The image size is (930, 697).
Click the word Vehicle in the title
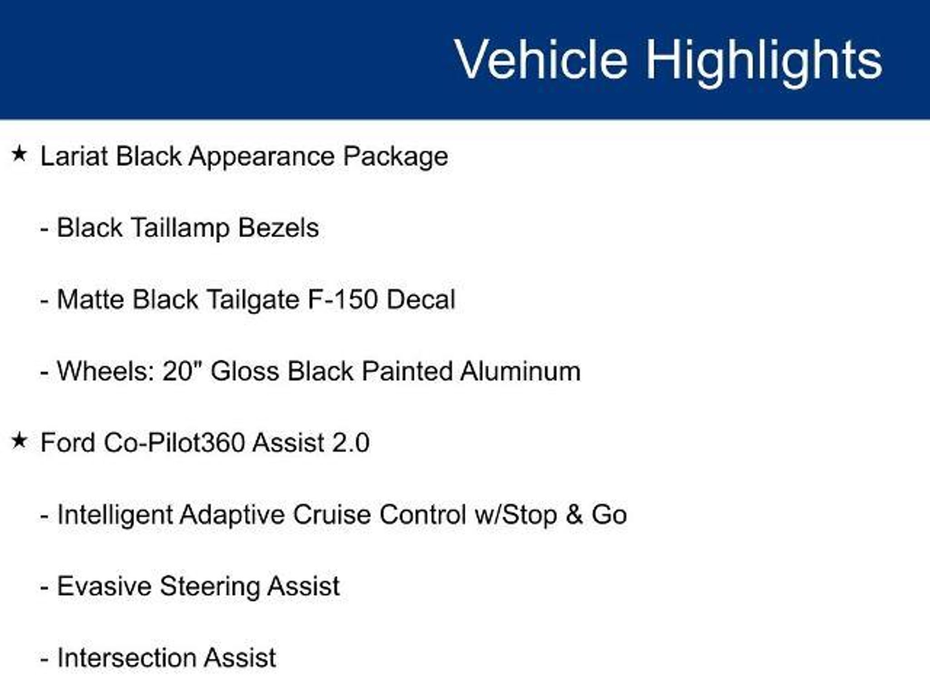[x=541, y=59]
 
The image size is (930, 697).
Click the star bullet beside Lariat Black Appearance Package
[x=19, y=154]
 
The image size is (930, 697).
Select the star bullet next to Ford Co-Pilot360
[x=19, y=440]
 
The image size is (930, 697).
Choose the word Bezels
[x=278, y=227]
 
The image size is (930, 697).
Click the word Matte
[x=90, y=299]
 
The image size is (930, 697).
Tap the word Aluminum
[x=520, y=371]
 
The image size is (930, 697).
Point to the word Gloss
[x=245, y=371]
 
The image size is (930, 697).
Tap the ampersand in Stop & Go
[x=574, y=515]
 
